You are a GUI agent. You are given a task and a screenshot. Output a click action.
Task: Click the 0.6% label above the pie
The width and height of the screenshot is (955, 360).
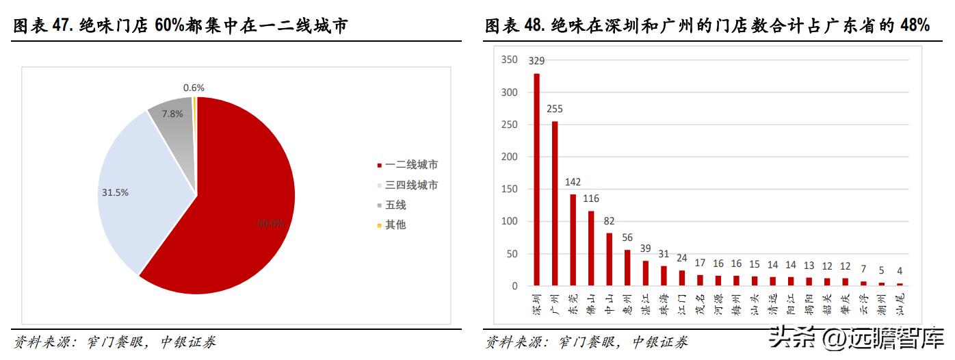194,88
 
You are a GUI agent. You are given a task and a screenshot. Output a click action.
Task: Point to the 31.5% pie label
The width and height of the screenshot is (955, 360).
115,192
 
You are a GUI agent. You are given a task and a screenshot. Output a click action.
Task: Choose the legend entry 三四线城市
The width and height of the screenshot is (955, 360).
410,185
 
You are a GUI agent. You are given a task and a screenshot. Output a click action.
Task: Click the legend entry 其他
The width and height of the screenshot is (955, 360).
395,224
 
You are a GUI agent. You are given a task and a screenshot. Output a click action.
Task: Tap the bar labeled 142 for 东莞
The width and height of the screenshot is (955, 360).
573,240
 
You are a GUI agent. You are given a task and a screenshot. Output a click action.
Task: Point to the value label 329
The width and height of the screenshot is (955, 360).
536,61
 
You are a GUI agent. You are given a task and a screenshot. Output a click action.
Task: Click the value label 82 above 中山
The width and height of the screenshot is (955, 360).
609,221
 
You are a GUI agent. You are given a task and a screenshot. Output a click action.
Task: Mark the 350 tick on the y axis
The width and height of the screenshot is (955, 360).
509,60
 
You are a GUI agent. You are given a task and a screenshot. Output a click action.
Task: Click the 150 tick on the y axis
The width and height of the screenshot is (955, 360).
509,189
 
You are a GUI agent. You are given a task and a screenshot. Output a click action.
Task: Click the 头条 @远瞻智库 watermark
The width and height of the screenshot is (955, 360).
855,338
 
